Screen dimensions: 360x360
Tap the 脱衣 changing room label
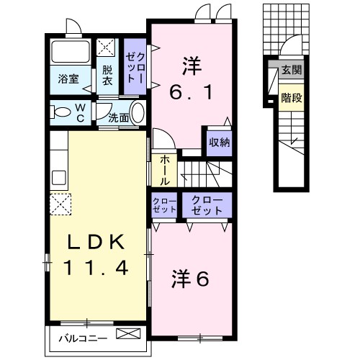point(107,76)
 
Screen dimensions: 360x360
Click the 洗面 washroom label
point(119,117)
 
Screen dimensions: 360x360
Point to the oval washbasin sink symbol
point(138,114)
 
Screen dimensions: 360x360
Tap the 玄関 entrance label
point(291,71)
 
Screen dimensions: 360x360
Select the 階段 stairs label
point(291,97)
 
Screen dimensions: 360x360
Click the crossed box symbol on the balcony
point(129,335)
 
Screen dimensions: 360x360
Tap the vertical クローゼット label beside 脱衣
point(135,65)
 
